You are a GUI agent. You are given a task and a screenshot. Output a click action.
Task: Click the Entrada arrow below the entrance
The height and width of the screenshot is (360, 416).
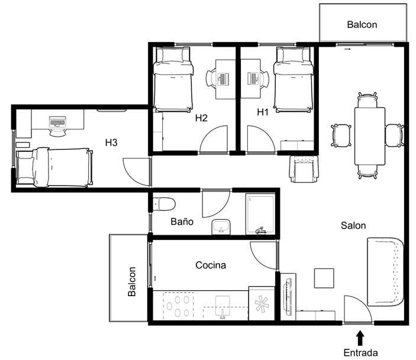[360, 338]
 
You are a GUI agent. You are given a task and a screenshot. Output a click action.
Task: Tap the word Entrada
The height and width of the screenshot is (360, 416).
[360, 353]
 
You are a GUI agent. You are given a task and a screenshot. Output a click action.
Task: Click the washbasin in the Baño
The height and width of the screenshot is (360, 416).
[221, 227]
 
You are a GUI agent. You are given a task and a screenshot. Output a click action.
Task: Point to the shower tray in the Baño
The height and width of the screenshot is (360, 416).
[260, 214]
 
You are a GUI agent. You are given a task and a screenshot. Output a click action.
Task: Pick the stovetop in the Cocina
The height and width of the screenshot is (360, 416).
[178, 306]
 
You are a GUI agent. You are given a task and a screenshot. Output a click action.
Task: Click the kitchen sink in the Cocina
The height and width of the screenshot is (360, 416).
[222, 306]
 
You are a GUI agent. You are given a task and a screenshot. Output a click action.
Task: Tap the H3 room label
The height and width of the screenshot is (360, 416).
[111, 142]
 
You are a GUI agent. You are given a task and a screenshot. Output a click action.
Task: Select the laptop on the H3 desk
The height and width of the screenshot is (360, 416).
[57, 122]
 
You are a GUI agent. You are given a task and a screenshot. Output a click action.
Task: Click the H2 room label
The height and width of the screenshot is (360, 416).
[201, 118]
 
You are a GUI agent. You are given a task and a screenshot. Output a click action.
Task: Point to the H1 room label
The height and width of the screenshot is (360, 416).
[263, 112]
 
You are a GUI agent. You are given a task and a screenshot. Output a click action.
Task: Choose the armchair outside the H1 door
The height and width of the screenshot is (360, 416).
[304, 169]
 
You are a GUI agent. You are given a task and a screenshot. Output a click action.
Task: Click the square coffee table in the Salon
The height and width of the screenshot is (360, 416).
[324, 278]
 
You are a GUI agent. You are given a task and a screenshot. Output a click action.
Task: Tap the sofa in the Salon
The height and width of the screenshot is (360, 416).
[385, 272]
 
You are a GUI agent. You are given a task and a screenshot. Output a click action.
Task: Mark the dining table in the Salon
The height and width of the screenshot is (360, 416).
[370, 136]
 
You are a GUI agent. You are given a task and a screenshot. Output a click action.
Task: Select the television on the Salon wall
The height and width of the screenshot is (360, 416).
[288, 295]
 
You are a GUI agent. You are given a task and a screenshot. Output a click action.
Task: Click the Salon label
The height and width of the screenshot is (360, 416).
[353, 226]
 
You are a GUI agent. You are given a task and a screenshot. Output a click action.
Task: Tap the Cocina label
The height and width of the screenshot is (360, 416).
[211, 265]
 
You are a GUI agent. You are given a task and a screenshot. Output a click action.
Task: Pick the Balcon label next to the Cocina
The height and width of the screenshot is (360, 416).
[132, 281]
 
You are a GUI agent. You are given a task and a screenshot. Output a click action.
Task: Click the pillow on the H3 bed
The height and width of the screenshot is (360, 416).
[25, 168]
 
